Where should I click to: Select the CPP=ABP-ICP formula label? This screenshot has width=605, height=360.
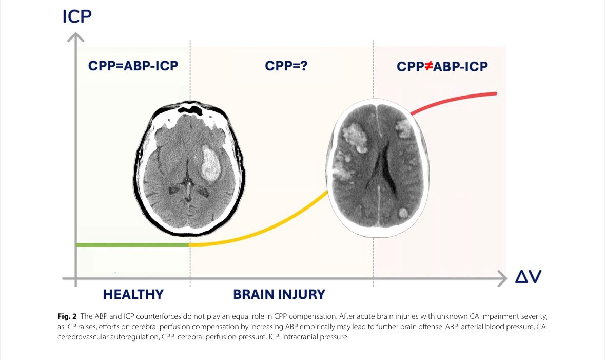[133, 66]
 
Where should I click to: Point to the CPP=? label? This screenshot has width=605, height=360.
[286, 66]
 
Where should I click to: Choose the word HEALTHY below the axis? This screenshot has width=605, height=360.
[133, 294]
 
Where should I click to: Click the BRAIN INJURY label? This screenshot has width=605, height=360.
[279, 294]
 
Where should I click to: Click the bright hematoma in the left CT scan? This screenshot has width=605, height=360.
[211, 164]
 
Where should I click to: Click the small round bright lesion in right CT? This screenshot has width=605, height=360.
[404, 212]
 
